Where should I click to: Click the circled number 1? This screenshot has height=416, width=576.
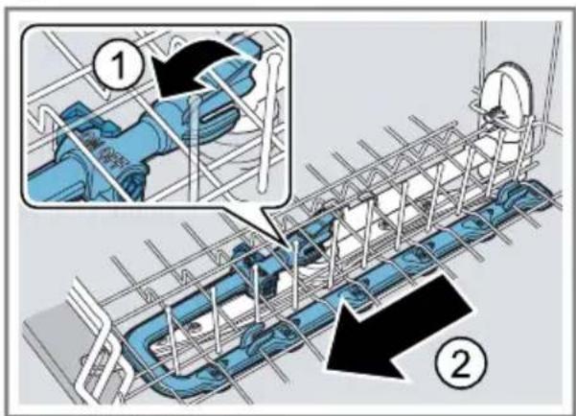(x=117, y=68)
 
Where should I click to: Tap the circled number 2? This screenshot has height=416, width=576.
(x=461, y=363)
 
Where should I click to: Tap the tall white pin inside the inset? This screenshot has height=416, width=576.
(x=266, y=123)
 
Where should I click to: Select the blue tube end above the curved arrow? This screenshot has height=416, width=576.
(x=245, y=45)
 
